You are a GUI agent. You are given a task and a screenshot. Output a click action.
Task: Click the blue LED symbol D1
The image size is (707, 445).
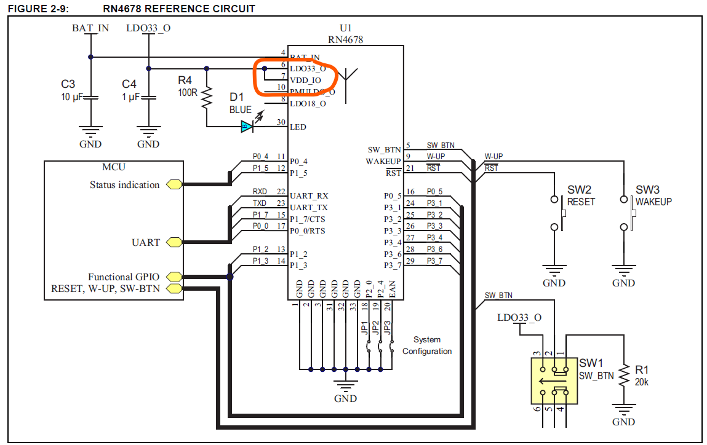point(247,127)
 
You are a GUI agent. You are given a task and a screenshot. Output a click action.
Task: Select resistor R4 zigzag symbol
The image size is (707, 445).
point(207,96)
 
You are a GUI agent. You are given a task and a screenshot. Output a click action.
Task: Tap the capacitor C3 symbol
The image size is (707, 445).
point(90,97)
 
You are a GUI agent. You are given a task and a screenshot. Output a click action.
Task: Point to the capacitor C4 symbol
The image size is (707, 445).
point(148,97)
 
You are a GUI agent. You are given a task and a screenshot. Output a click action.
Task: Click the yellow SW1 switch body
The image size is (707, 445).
point(554,380)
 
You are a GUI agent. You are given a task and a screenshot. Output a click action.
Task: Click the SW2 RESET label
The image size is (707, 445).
point(580,196)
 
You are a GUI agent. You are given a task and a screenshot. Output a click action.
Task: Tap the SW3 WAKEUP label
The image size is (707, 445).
point(653,196)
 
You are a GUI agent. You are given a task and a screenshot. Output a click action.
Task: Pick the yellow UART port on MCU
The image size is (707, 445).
point(174,242)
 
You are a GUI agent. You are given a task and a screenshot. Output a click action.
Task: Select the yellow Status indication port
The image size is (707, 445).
point(174,184)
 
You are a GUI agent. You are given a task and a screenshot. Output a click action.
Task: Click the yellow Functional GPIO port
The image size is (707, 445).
point(174,277)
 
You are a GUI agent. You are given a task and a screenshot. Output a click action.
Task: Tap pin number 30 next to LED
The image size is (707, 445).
point(281,123)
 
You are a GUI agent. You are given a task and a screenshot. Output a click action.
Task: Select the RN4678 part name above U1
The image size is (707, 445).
point(345,39)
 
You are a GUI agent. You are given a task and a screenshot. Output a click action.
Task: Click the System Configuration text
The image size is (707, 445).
point(427,345)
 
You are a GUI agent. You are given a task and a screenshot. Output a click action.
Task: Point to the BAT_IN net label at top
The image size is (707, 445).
point(90,28)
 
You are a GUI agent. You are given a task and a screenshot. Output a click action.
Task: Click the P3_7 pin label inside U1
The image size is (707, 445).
point(393,266)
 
